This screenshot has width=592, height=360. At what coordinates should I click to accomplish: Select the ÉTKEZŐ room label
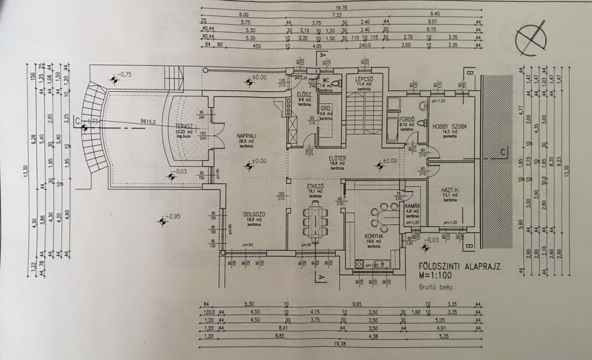coord(315,187)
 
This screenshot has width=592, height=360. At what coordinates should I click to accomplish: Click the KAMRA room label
coord(412,206)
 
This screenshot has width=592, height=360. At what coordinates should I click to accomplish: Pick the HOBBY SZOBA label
coord(449,127)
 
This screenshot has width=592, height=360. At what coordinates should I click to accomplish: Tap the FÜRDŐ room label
coord(408,121)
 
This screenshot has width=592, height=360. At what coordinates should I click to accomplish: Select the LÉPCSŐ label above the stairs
coord(365,79)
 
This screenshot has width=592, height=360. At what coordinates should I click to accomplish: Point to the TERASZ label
coord(183,126)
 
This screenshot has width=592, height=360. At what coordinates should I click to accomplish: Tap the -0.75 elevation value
coord(125,74)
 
